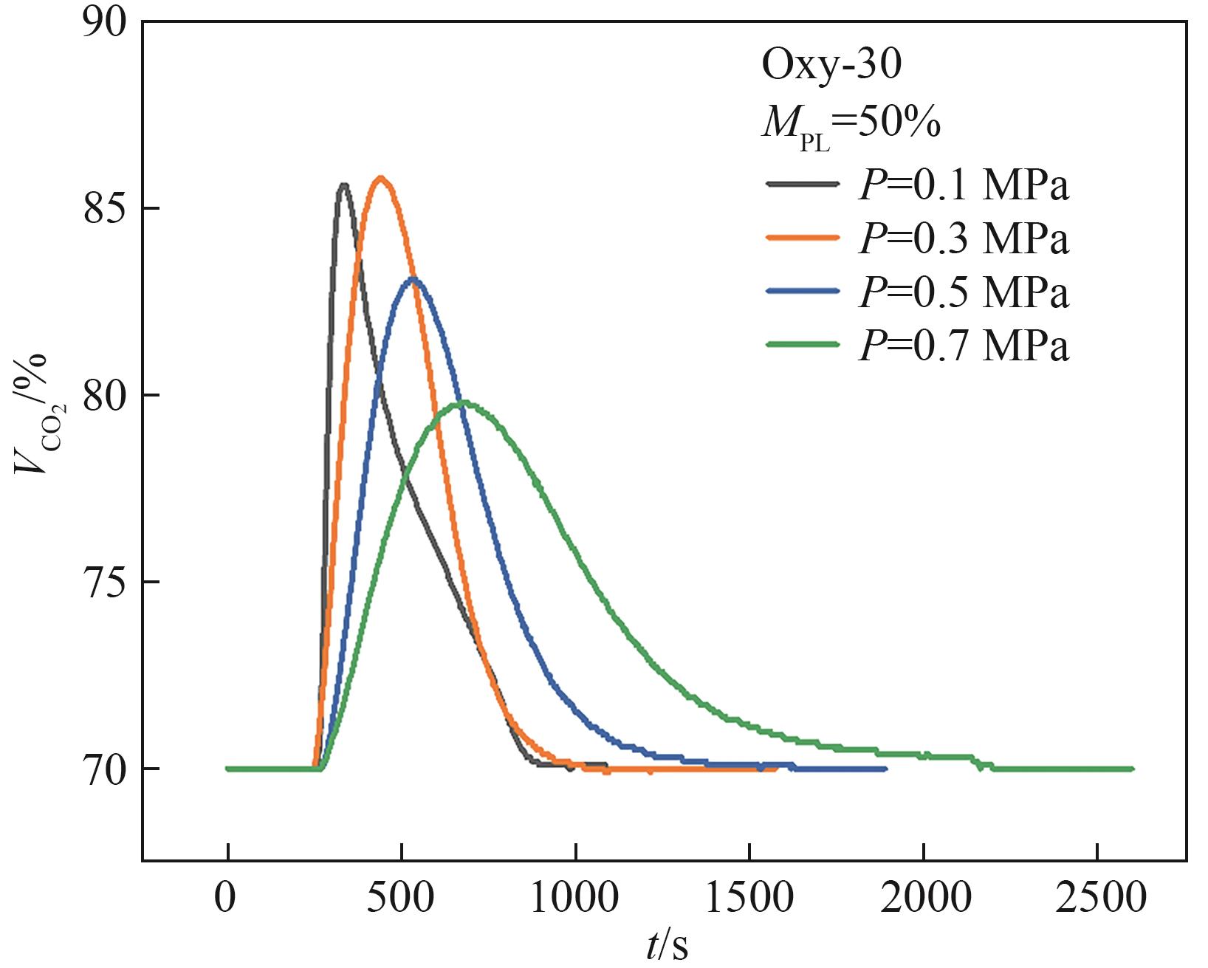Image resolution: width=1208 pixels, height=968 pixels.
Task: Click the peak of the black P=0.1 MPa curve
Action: [x=343, y=185]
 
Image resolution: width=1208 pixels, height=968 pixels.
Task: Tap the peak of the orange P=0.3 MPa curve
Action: [x=381, y=178]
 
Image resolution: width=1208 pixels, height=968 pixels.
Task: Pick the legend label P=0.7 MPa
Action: [x=964, y=345]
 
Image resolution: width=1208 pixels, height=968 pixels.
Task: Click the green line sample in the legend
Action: [x=803, y=344]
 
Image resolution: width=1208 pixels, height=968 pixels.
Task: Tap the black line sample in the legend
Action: [x=803, y=184]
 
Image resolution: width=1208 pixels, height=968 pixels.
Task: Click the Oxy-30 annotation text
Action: [x=831, y=66]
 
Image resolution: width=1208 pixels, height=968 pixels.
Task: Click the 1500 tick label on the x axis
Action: [x=749, y=899]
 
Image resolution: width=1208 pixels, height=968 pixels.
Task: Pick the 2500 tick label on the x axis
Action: [x=1097, y=899]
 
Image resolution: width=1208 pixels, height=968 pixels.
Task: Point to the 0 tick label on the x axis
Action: [x=227, y=899]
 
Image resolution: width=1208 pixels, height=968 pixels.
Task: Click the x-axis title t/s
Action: [x=667, y=946]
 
